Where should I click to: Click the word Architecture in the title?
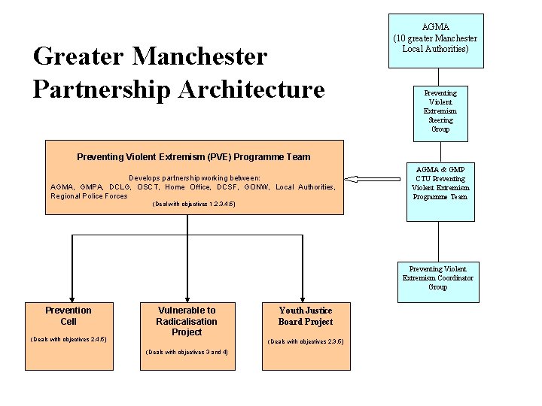(x=251, y=89)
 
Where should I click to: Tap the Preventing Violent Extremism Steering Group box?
(x=440, y=111)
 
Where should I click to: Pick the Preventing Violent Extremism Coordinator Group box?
(x=437, y=278)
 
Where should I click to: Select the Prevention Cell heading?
(x=69, y=316)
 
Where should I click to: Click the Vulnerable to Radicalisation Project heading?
(x=187, y=321)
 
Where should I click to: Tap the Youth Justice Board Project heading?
(x=305, y=316)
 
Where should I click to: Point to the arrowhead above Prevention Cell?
(x=72, y=296)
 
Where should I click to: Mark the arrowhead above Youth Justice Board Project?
(x=305, y=296)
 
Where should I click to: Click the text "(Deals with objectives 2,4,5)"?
(x=69, y=339)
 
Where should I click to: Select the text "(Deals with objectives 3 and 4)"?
(x=187, y=352)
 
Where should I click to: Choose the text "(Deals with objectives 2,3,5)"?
(x=306, y=341)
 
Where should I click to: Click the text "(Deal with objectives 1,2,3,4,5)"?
(x=193, y=204)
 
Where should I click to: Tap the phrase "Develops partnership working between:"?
(x=194, y=178)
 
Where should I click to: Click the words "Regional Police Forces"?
(x=89, y=195)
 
